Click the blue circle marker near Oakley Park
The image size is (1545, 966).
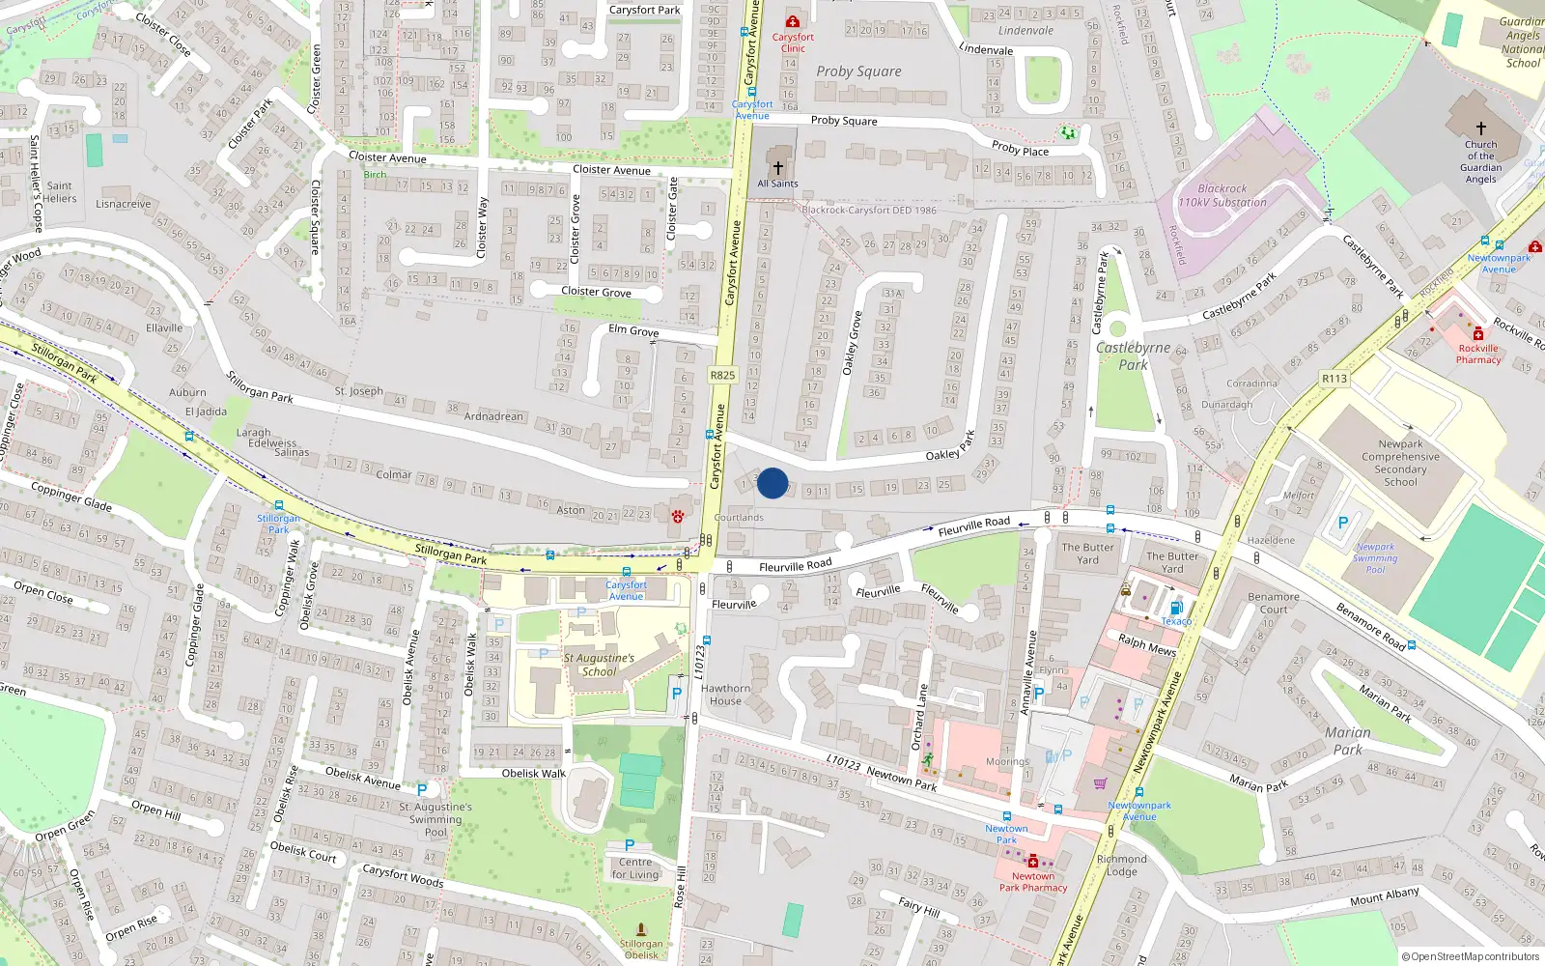[772, 483]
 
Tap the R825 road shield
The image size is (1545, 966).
[722, 375]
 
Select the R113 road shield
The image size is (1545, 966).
[1334, 379]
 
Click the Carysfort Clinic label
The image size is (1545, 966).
[793, 43]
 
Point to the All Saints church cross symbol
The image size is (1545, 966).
[778, 168]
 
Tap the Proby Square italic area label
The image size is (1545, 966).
[858, 71]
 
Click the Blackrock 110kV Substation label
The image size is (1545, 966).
[1222, 196]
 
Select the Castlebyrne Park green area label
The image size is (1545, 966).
[1133, 355]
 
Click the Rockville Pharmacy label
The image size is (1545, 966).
[1478, 354]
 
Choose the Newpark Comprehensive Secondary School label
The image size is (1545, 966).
[1400, 463]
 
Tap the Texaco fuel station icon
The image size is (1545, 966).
[1176, 608]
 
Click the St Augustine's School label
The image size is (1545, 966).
[599, 665]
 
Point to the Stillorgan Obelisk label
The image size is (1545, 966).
[641, 949]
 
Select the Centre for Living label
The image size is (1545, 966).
[635, 868]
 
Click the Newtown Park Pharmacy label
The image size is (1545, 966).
[1033, 882]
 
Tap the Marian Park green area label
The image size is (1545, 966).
[1348, 741]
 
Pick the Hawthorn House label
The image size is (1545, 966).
[726, 695]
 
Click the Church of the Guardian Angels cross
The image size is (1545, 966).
[1480, 128]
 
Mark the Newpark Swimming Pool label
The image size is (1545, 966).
[1375, 558]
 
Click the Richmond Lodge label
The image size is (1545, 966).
[1122, 865]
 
